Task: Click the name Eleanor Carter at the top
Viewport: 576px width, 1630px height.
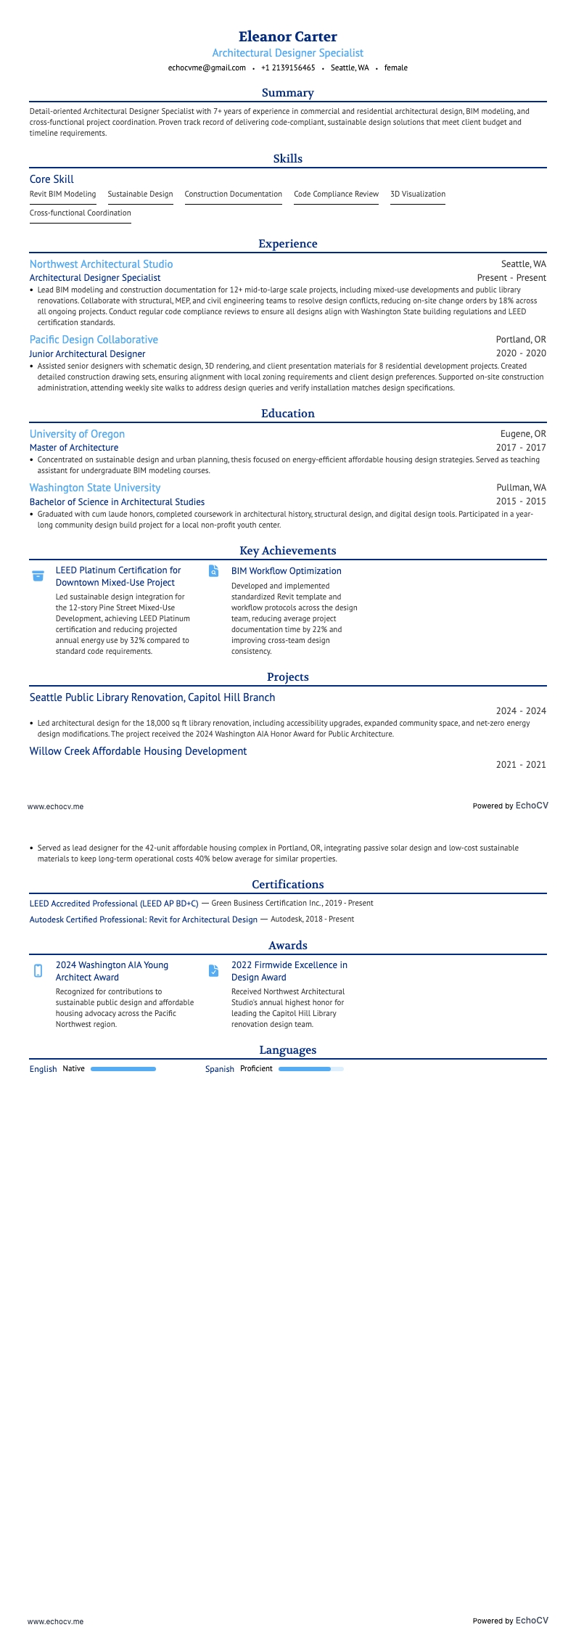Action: coord(287,36)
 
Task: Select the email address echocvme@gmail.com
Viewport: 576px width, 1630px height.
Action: coord(207,67)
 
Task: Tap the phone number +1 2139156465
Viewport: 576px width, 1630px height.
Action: coord(288,67)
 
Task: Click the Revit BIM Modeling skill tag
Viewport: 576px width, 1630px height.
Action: coord(62,194)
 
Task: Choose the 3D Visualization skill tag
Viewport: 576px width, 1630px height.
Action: coord(418,194)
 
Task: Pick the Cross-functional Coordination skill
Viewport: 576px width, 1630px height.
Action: coord(80,213)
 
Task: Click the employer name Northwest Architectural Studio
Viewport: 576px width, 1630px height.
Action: coord(101,264)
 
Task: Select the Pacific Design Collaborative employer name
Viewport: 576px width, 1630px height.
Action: coord(94,340)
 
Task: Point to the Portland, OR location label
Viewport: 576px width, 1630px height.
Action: coord(521,340)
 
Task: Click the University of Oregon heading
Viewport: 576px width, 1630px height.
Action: coord(77,434)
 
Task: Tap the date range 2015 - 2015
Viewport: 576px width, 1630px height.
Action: coord(521,501)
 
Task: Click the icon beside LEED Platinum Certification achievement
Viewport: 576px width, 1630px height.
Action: coord(38,576)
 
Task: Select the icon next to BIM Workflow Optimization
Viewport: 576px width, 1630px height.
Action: coord(213,571)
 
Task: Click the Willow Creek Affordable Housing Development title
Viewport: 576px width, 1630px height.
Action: coord(138,751)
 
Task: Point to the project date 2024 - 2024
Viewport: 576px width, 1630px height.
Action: coord(521,711)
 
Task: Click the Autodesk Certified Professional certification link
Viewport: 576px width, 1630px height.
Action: coord(143,920)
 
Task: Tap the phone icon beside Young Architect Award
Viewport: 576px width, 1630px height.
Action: coord(38,971)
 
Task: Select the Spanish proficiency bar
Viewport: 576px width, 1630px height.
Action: coord(310,1069)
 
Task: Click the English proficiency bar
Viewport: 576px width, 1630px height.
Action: coord(123,1069)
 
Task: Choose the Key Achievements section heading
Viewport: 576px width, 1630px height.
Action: coord(287,551)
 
